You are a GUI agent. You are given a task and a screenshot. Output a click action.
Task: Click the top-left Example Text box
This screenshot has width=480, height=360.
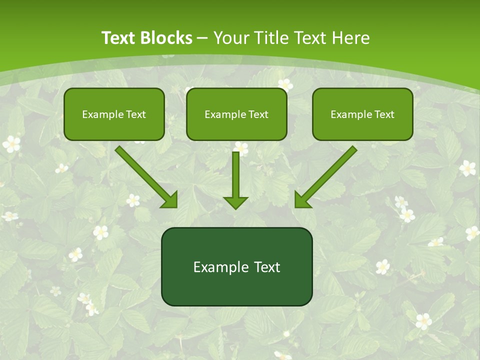pyautogui.click(x=114, y=114)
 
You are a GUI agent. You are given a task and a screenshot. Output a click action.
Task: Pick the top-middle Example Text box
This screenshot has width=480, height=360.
pyautogui.click(x=236, y=114)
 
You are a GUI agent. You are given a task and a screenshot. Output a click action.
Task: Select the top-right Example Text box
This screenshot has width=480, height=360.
pyautogui.click(x=362, y=114)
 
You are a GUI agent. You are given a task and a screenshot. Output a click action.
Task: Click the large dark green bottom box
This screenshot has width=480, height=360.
pyautogui.click(x=236, y=266)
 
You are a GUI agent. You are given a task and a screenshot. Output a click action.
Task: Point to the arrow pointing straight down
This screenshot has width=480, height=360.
pyautogui.click(x=235, y=180)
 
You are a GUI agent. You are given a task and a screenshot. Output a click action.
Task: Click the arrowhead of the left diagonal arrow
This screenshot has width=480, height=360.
pyautogui.click(x=170, y=199)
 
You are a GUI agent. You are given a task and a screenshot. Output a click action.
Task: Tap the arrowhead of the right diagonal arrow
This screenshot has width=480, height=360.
pyautogui.click(x=302, y=199)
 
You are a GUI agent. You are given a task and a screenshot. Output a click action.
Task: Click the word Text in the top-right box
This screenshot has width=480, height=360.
pyautogui.click(x=384, y=114)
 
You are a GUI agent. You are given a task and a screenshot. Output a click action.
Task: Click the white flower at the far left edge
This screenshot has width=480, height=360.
pyautogui.click(x=11, y=144)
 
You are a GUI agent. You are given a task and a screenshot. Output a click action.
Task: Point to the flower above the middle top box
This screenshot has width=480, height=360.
pyautogui.click(x=285, y=84)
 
